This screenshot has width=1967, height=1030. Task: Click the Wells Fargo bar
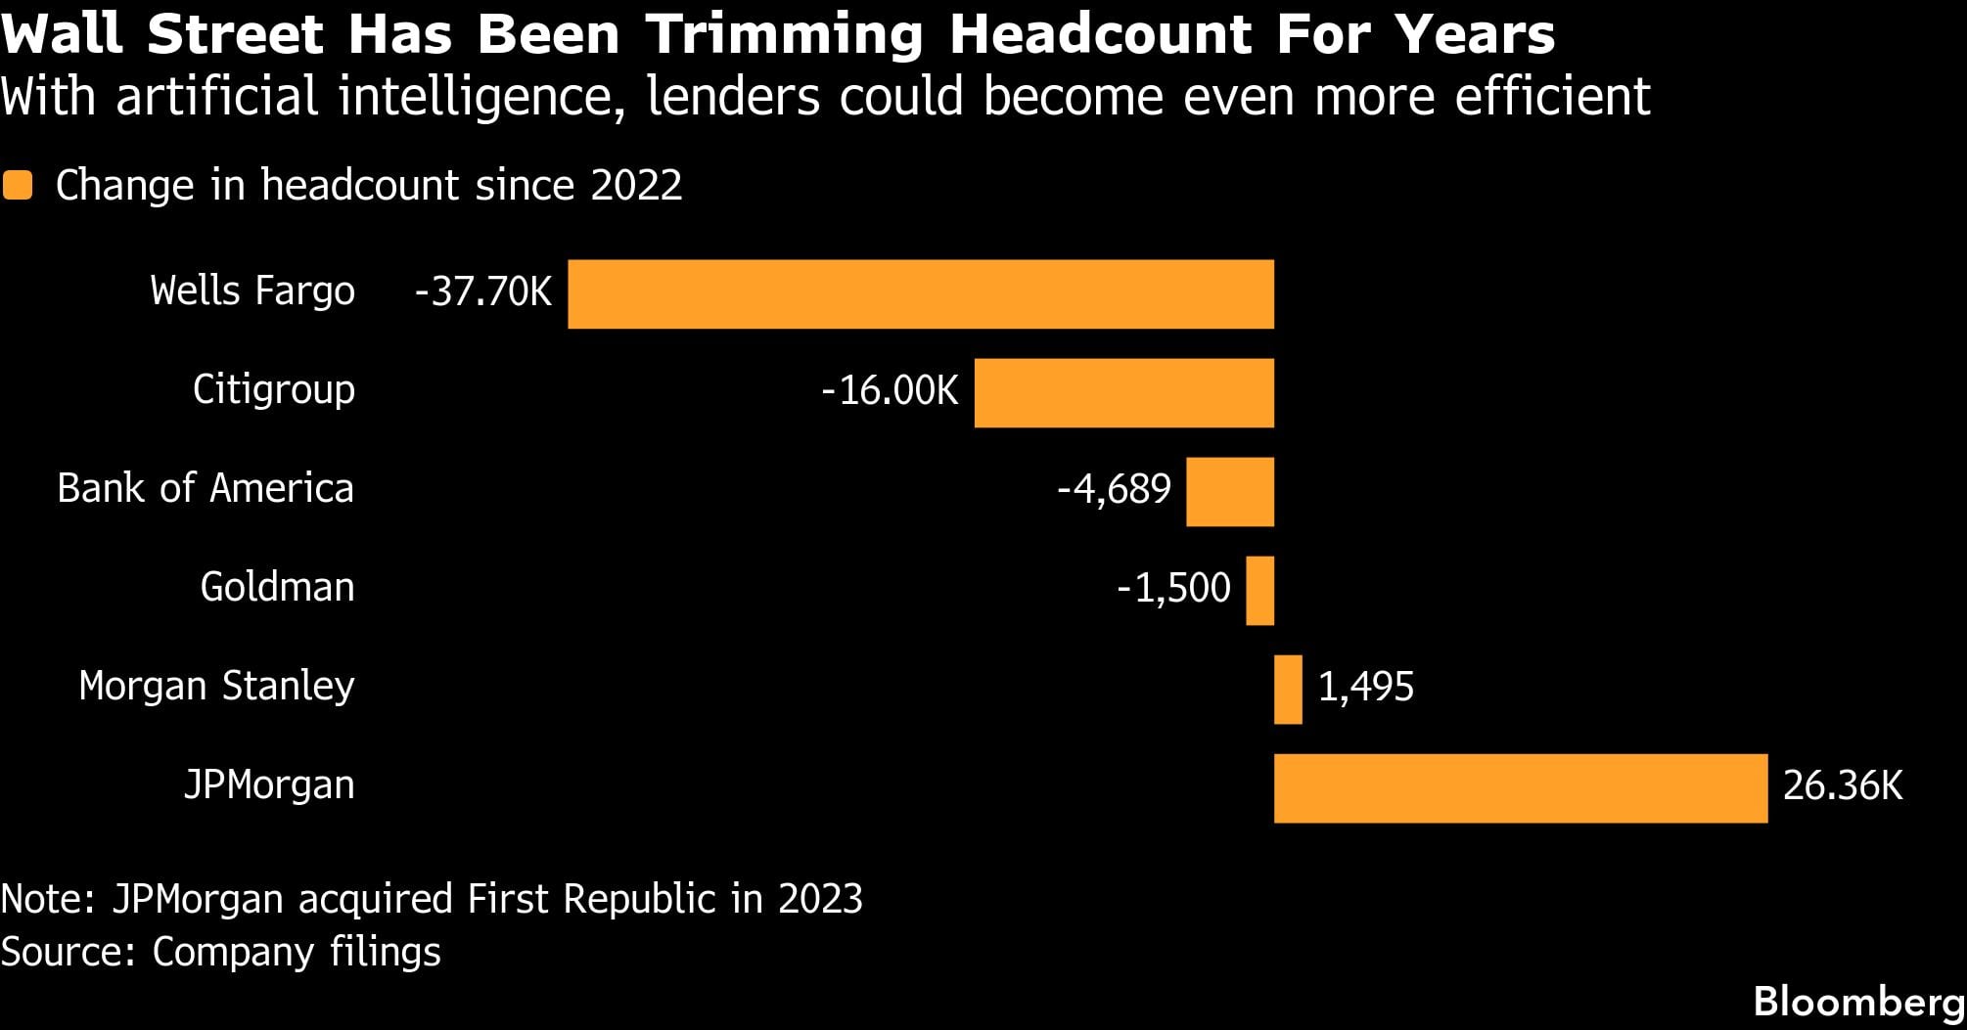tap(920, 294)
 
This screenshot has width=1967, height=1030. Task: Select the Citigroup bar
tap(1123, 393)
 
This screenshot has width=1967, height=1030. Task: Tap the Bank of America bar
tap(1229, 492)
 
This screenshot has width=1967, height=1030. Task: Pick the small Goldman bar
tap(1259, 591)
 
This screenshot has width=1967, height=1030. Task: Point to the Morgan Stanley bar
tap(1288, 690)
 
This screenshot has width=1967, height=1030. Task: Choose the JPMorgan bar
tap(1520, 788)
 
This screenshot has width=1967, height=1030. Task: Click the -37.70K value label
tap(483, 292)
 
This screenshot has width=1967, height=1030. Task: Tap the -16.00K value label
tap(890, 391)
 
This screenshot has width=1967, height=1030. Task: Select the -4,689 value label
tap(1114, 490)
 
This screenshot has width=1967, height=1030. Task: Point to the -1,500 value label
tap(1173, 589)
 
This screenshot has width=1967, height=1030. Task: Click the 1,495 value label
tap(1365, 688)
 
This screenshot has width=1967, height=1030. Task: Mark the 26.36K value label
tap(1843, 786)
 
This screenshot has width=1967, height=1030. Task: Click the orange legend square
tap(18, 186)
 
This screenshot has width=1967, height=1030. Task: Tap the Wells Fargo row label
tap(252, 291)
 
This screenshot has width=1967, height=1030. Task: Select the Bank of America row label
tap(206, 488)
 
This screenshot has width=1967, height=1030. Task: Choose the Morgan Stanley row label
tap(216, 686)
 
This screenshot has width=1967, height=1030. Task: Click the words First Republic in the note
tap(591, 899)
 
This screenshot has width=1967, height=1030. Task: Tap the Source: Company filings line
tap(221, 952)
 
